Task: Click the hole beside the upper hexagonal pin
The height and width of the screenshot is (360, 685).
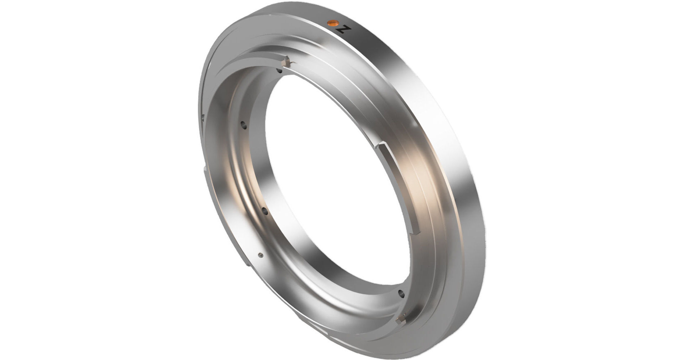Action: click(x=280, y=71)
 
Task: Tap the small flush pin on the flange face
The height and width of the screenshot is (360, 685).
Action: click(x=261, y=256)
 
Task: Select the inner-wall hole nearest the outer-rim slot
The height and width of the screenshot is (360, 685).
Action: click(x=244, y=125)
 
